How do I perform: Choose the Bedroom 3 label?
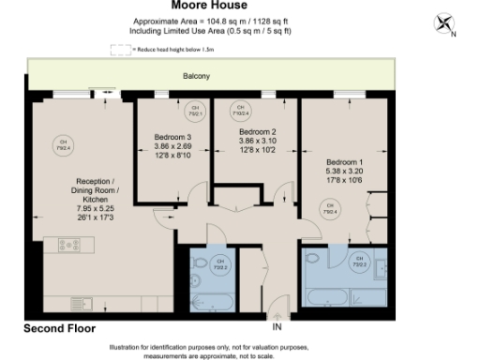172,138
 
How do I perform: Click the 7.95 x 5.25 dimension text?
96,198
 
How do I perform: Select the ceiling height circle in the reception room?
63,145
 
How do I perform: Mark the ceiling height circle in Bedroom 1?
329,212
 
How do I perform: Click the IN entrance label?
277,327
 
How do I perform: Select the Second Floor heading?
59,330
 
